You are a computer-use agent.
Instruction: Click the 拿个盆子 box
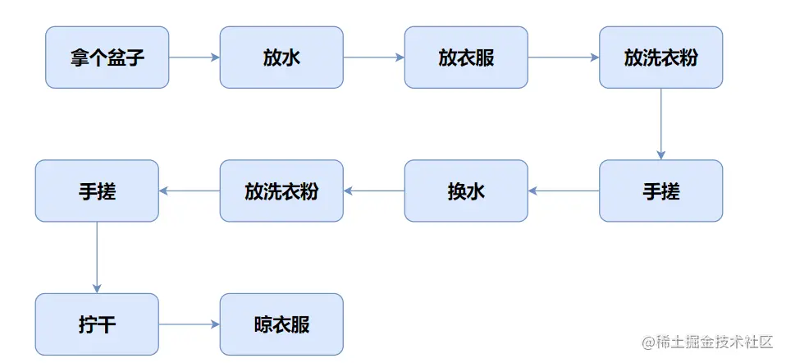tap(107, 57)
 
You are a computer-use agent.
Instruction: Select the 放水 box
tap(281, 57)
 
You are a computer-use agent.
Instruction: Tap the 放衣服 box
tap(466, 57)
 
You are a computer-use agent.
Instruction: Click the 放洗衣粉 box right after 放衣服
tap(660, 57)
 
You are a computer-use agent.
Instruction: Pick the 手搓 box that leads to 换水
tap(660, 191)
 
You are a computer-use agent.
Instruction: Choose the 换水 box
tap(466, 191)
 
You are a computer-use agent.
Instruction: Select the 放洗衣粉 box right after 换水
tap(281, 191)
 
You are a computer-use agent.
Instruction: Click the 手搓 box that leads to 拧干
tap(97, 191)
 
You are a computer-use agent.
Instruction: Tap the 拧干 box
tap(97, 324)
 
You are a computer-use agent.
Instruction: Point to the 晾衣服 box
tap(281, 324)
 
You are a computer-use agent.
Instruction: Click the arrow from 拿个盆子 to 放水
tap(194, 57)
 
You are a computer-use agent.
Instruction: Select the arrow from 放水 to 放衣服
tap(373, 57)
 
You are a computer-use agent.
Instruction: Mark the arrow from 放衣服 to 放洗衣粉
tap(563, 57)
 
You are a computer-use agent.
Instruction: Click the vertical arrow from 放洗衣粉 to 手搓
tap(660, 124)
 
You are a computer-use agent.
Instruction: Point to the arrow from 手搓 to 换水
tap(563, 191)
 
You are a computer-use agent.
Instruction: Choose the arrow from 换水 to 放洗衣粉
tap(373, 191)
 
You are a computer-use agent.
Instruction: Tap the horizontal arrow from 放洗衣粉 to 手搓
tap(189, 191)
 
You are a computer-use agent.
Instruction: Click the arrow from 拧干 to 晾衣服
tap(189, 324)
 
